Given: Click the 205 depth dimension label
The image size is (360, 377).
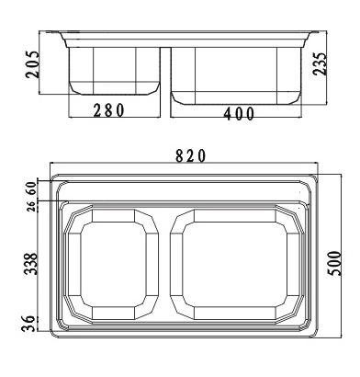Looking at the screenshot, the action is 33,64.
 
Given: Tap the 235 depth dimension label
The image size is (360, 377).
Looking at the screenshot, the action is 321,63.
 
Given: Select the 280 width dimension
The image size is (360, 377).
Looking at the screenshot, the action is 109,110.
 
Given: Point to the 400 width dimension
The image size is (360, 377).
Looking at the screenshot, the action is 239,114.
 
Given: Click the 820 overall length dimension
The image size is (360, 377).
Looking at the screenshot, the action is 190,156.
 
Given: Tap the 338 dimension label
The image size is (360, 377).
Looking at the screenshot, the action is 30,264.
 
